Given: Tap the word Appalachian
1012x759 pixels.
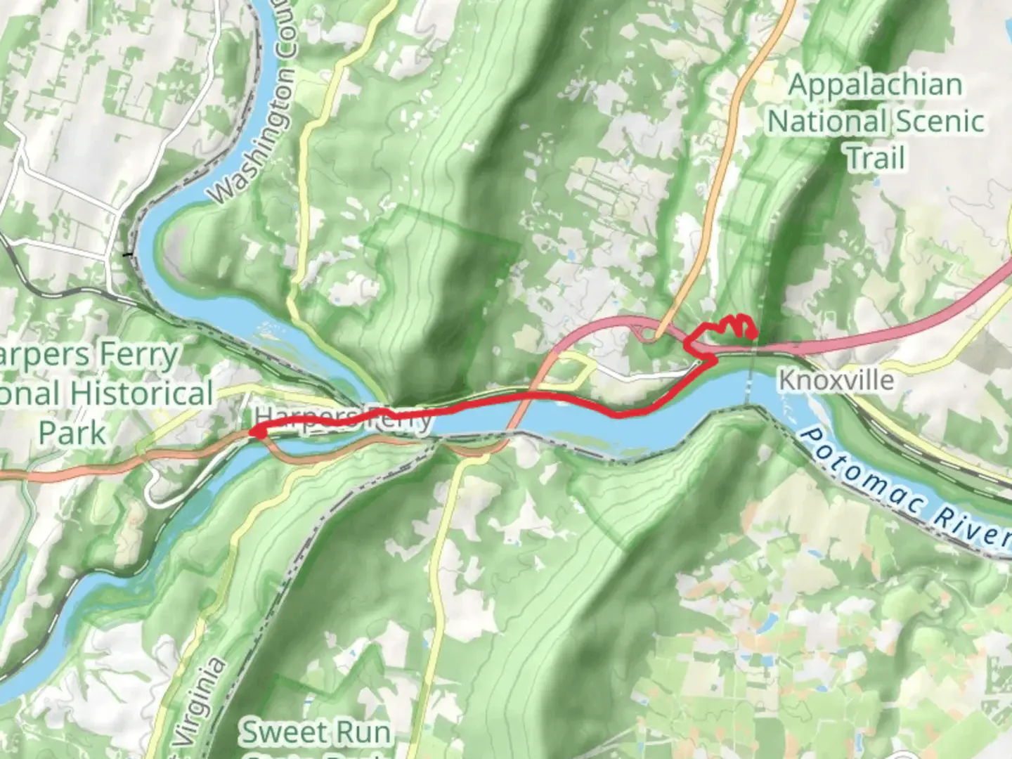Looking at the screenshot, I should click(875, 85).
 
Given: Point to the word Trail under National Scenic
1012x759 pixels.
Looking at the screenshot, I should click(875, 157).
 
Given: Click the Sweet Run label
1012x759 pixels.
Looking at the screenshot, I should click(316, 732).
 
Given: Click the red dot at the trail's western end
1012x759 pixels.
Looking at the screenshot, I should click(258, 433).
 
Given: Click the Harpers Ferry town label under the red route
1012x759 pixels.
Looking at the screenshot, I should click(344, 418).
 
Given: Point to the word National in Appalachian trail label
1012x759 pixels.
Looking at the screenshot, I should click(816, 121).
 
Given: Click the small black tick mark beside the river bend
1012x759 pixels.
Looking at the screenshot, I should click(127, 254).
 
